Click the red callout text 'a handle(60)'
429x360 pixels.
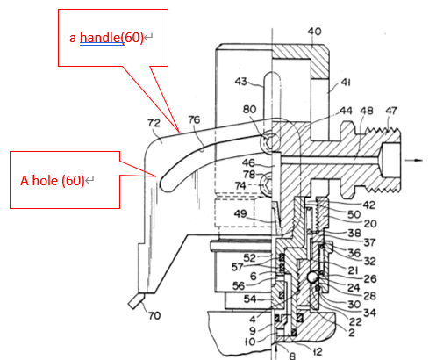[x=106, y=38]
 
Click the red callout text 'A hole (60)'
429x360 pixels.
[x=53, y=180]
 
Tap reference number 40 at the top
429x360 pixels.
[x=314, y=32]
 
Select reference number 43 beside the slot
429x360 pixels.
[x=241, y=81]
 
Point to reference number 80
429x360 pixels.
[x=249, y=109]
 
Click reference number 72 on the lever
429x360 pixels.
[x=154, y=123]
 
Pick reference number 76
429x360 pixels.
[x=194, y=119]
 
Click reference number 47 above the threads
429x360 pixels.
[x=391, y=111]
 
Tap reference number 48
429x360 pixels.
[x=367, y=111]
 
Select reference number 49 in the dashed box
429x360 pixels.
[x=240, y=213]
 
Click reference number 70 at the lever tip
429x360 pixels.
[x=154, y=315]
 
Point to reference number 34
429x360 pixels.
[x=370, y=313]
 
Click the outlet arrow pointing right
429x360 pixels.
[x=414, y=160]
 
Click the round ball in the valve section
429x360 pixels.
[x=312, y=277]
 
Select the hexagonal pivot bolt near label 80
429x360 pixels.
[x=268, y=142]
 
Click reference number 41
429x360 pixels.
[x=346, y=83]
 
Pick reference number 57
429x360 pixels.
[x=237, y=267]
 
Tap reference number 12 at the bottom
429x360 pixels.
[x=318, y=351]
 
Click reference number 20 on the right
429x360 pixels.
[x=370, y=224]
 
